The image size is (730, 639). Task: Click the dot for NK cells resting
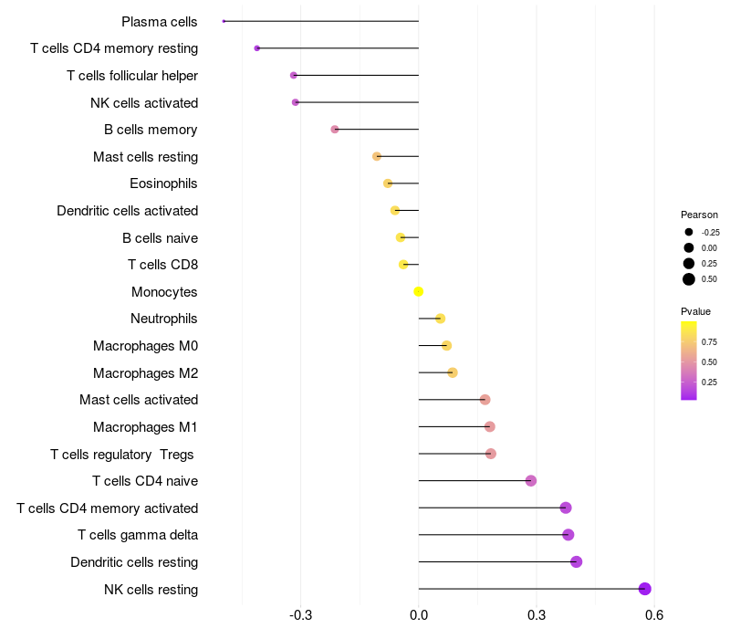point(645,589)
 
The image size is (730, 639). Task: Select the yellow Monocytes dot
point(419,292)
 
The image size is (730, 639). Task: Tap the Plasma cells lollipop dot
point(224,21)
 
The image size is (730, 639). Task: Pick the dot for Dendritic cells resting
point(577,561)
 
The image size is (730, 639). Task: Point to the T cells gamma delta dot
point(568,535)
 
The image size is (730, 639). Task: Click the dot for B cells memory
point(335,130)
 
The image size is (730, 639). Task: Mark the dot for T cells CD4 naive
point(531,481)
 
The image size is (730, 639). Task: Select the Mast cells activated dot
point(485,400)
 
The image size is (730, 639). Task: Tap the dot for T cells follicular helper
point(293,75)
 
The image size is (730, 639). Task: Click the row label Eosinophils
point(163,183)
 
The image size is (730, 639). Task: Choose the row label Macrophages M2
point(145,372)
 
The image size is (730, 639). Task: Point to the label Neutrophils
point(164,319)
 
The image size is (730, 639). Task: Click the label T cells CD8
point(162,265)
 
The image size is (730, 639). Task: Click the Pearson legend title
point(699,215)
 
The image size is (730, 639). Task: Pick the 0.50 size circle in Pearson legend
point(689,279)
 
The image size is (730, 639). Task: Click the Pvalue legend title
point(696,311)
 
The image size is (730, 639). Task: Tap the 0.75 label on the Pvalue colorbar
point(709,342)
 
